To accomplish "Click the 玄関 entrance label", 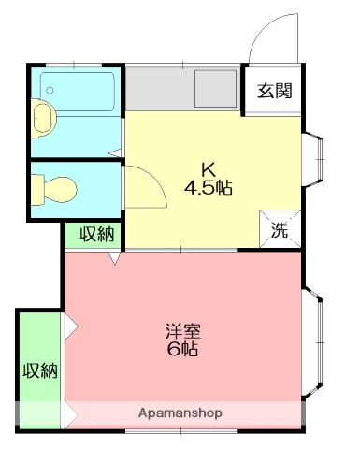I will [x=275, y=91].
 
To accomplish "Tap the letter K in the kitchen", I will [x=209, y=169].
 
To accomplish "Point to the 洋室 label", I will [x=183, y=331].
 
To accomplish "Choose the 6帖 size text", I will [x=183, y=350].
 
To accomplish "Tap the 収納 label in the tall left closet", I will [x=39, y=370].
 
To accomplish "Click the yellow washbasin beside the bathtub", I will [x=43, y=119].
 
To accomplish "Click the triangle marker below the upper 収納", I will [x=112, y=258].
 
